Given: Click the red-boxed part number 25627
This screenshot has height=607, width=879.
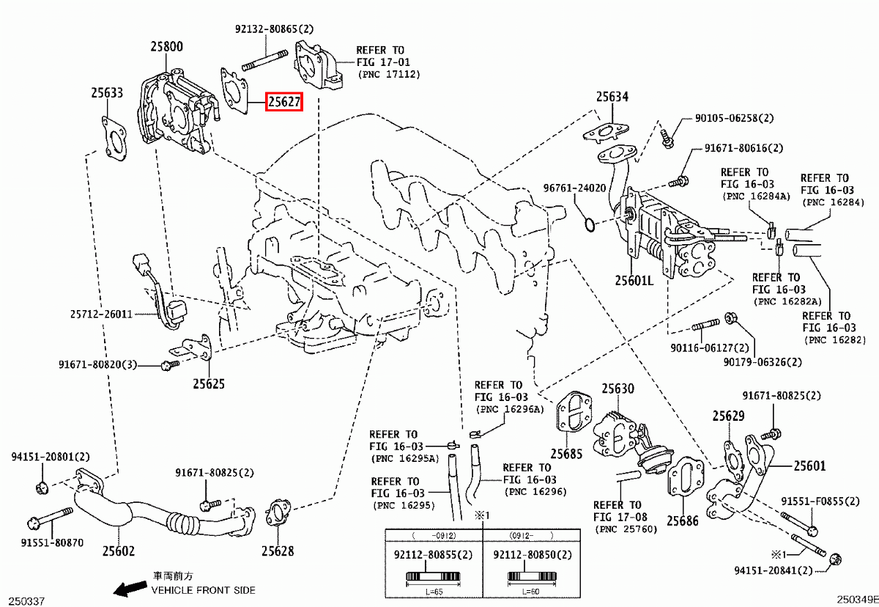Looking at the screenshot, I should pos(283,103).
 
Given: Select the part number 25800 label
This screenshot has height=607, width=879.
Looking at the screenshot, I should pos(167,46).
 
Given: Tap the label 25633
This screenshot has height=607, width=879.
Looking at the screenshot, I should pos(107,93).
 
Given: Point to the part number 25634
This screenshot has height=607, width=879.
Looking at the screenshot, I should pos(612,97).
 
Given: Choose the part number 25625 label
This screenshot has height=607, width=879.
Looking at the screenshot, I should pos(209,383).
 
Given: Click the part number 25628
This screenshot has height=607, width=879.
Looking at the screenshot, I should pos(278,551).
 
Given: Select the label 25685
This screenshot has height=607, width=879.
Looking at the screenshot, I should pos(567,454).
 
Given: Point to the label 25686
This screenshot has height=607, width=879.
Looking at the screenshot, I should pos(683,521).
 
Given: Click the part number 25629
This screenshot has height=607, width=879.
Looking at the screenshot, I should pos(728,416).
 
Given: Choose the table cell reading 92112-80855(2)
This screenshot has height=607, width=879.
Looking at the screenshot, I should pos(434,556).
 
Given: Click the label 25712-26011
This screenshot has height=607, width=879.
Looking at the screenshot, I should pos(101,314).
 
